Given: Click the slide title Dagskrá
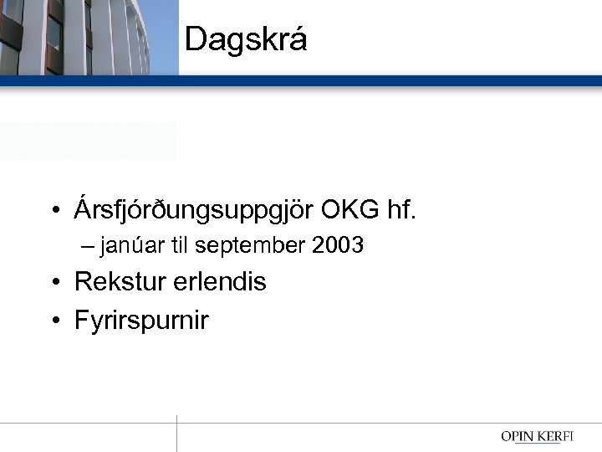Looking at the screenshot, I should [246, 39].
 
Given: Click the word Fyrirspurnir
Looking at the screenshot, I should [141, 321].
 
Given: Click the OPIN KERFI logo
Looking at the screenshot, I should [543, 436].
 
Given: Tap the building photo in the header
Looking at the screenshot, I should [89, 37].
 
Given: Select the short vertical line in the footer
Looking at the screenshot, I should [177, 434].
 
